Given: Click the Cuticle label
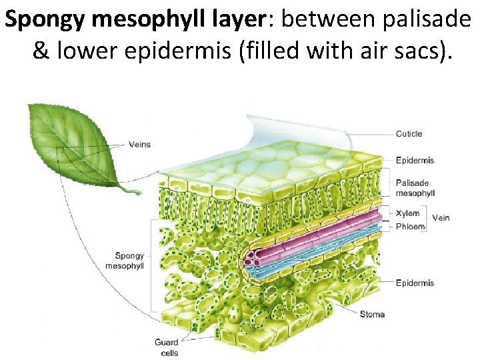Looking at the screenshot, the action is [409, 134].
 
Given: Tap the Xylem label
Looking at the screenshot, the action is [407, 213].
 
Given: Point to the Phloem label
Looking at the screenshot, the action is [410, 226].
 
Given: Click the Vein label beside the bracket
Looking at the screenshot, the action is [441, 217].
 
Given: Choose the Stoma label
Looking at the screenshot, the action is [372, 314].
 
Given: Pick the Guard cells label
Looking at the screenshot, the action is [166, 347].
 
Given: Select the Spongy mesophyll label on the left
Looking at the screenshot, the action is [129, 261].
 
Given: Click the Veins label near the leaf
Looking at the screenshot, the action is [139, 145].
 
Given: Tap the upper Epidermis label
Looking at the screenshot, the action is [415, 160].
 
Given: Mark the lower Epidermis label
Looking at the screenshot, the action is [415, 283].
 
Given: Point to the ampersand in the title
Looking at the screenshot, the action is [41, 52].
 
